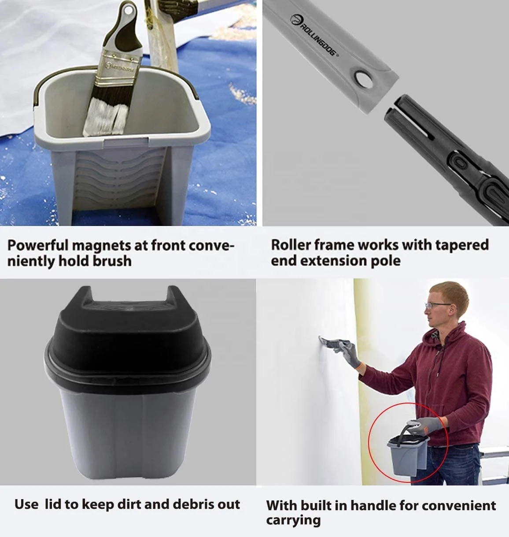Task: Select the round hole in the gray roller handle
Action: coord(365,80)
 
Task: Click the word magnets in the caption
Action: coord(101,246)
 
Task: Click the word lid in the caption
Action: coord(52,504)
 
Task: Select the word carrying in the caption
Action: coord(293,521)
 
